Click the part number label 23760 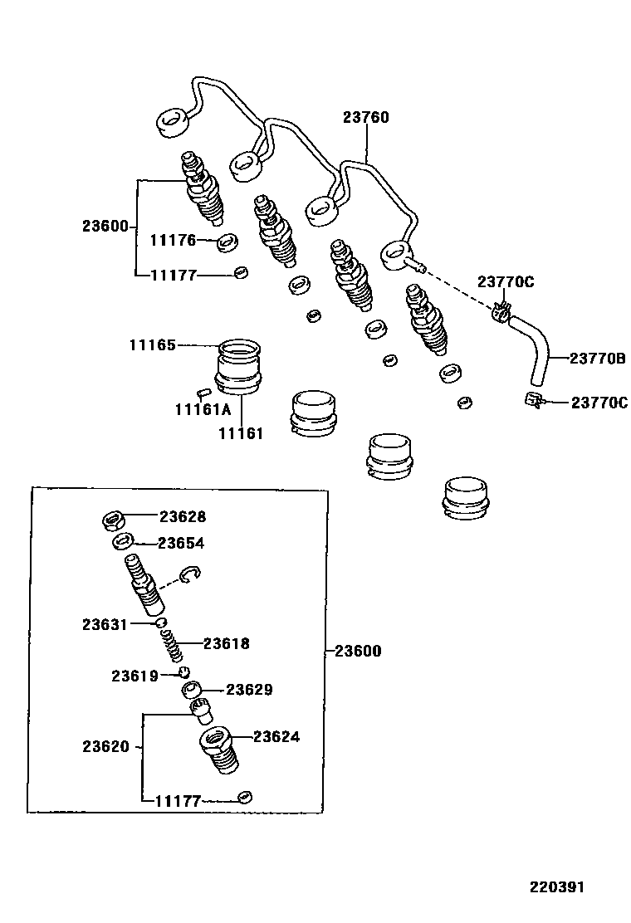click(x=365, y=118)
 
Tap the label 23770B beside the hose click(x=597, y=359)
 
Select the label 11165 click(x=152, y=344)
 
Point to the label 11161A click(x=202, y=409)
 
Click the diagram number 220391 click(x=558, y=886)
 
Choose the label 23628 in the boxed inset click(x=183, y=516)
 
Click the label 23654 click(x=181, y=543)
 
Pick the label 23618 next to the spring click(x=227, y=643)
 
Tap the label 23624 click(x=276, y=736)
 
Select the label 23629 click(x=250, y=690)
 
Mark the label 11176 click(x=173, y=241)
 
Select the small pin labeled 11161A click(x=203, y=393)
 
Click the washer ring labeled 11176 click(x=227, y=243)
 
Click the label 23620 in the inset click(x=105, y=746)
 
